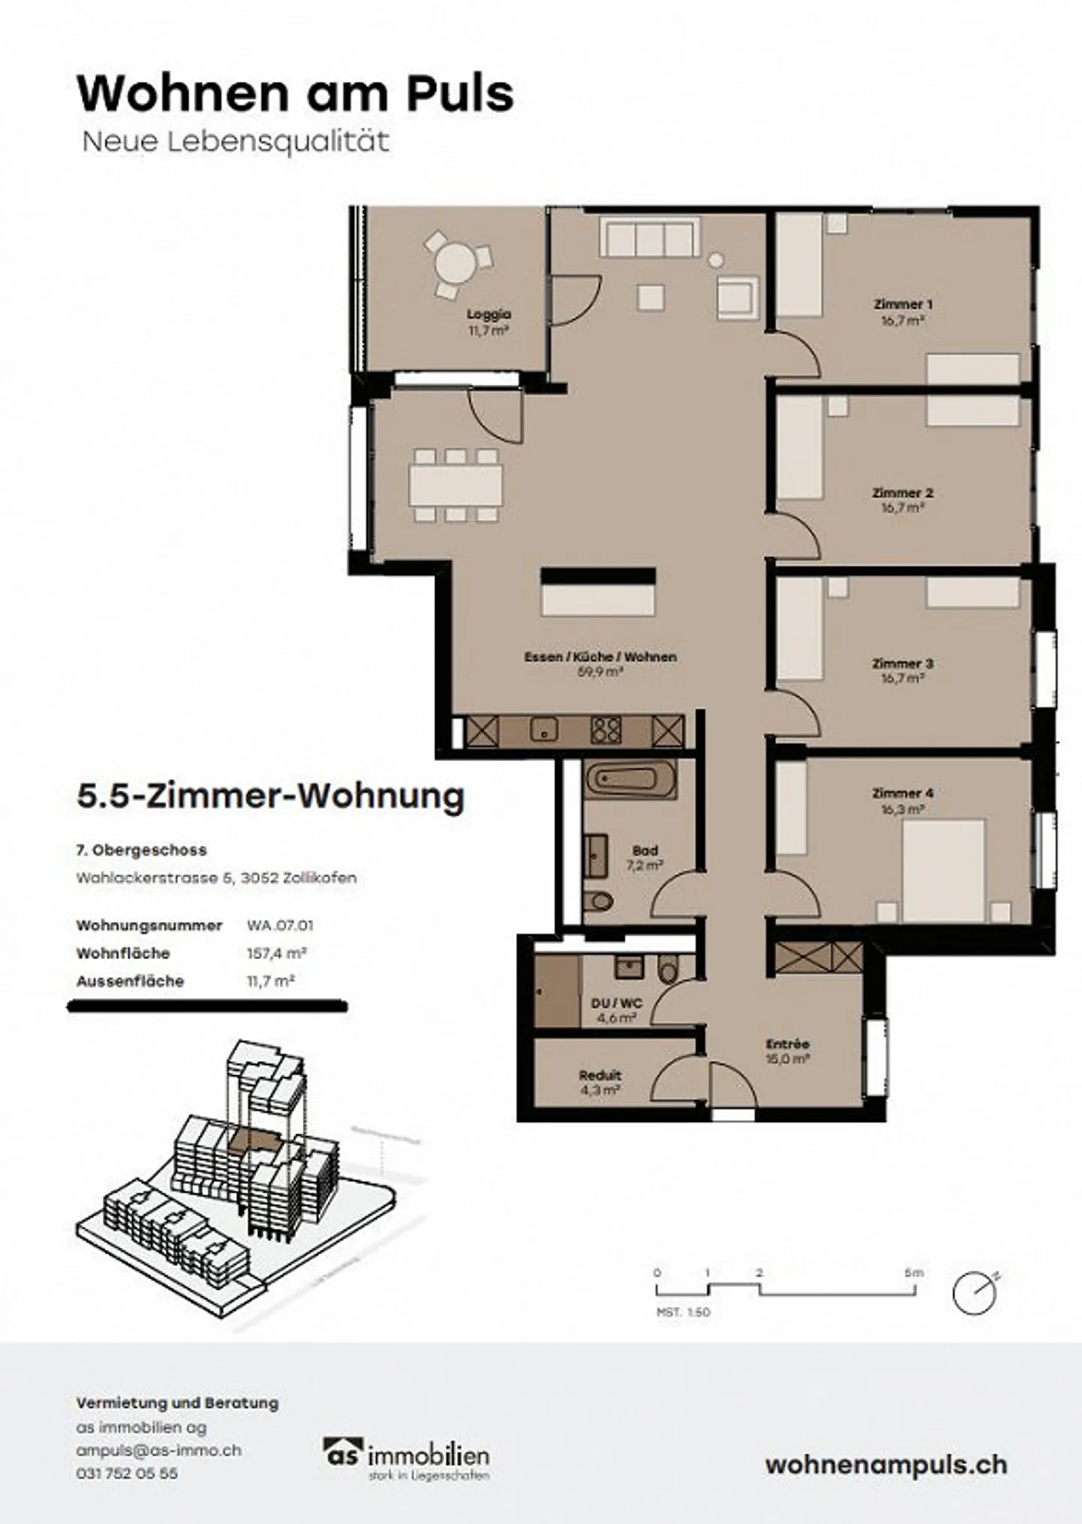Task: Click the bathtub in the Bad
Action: click(x=630, y=779)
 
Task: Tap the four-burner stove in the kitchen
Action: click(x=606, y=730)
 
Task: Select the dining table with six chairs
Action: click(x=455, y=485)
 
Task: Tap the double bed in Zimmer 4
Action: click(x=943, y=869)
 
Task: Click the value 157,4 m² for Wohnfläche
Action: click(x=276, y=954)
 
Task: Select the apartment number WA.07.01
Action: click(x=280, y=926)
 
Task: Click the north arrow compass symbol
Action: click(x=975, y=1293)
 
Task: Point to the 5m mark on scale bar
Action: click(x=914, y=1273)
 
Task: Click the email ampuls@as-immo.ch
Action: click(x=159, y=1451)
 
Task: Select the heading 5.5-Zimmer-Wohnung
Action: click(x=270, y=797)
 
